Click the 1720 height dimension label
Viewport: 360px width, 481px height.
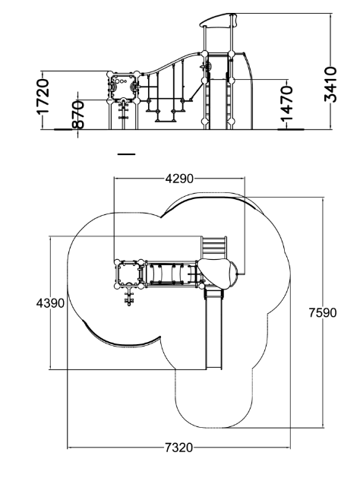coord(43,96)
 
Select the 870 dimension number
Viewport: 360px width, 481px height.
coord(78,115)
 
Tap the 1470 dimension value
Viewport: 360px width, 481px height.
coord(287,103)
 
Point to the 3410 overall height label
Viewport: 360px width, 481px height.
coord(330,84)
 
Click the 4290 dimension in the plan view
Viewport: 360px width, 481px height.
coord(179,179)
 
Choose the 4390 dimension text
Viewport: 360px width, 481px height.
coord(50,303)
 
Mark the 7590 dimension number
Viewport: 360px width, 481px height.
coord(323,312)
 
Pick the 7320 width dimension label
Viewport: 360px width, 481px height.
coord(179,448)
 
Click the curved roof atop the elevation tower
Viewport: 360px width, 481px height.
coord(219,20)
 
